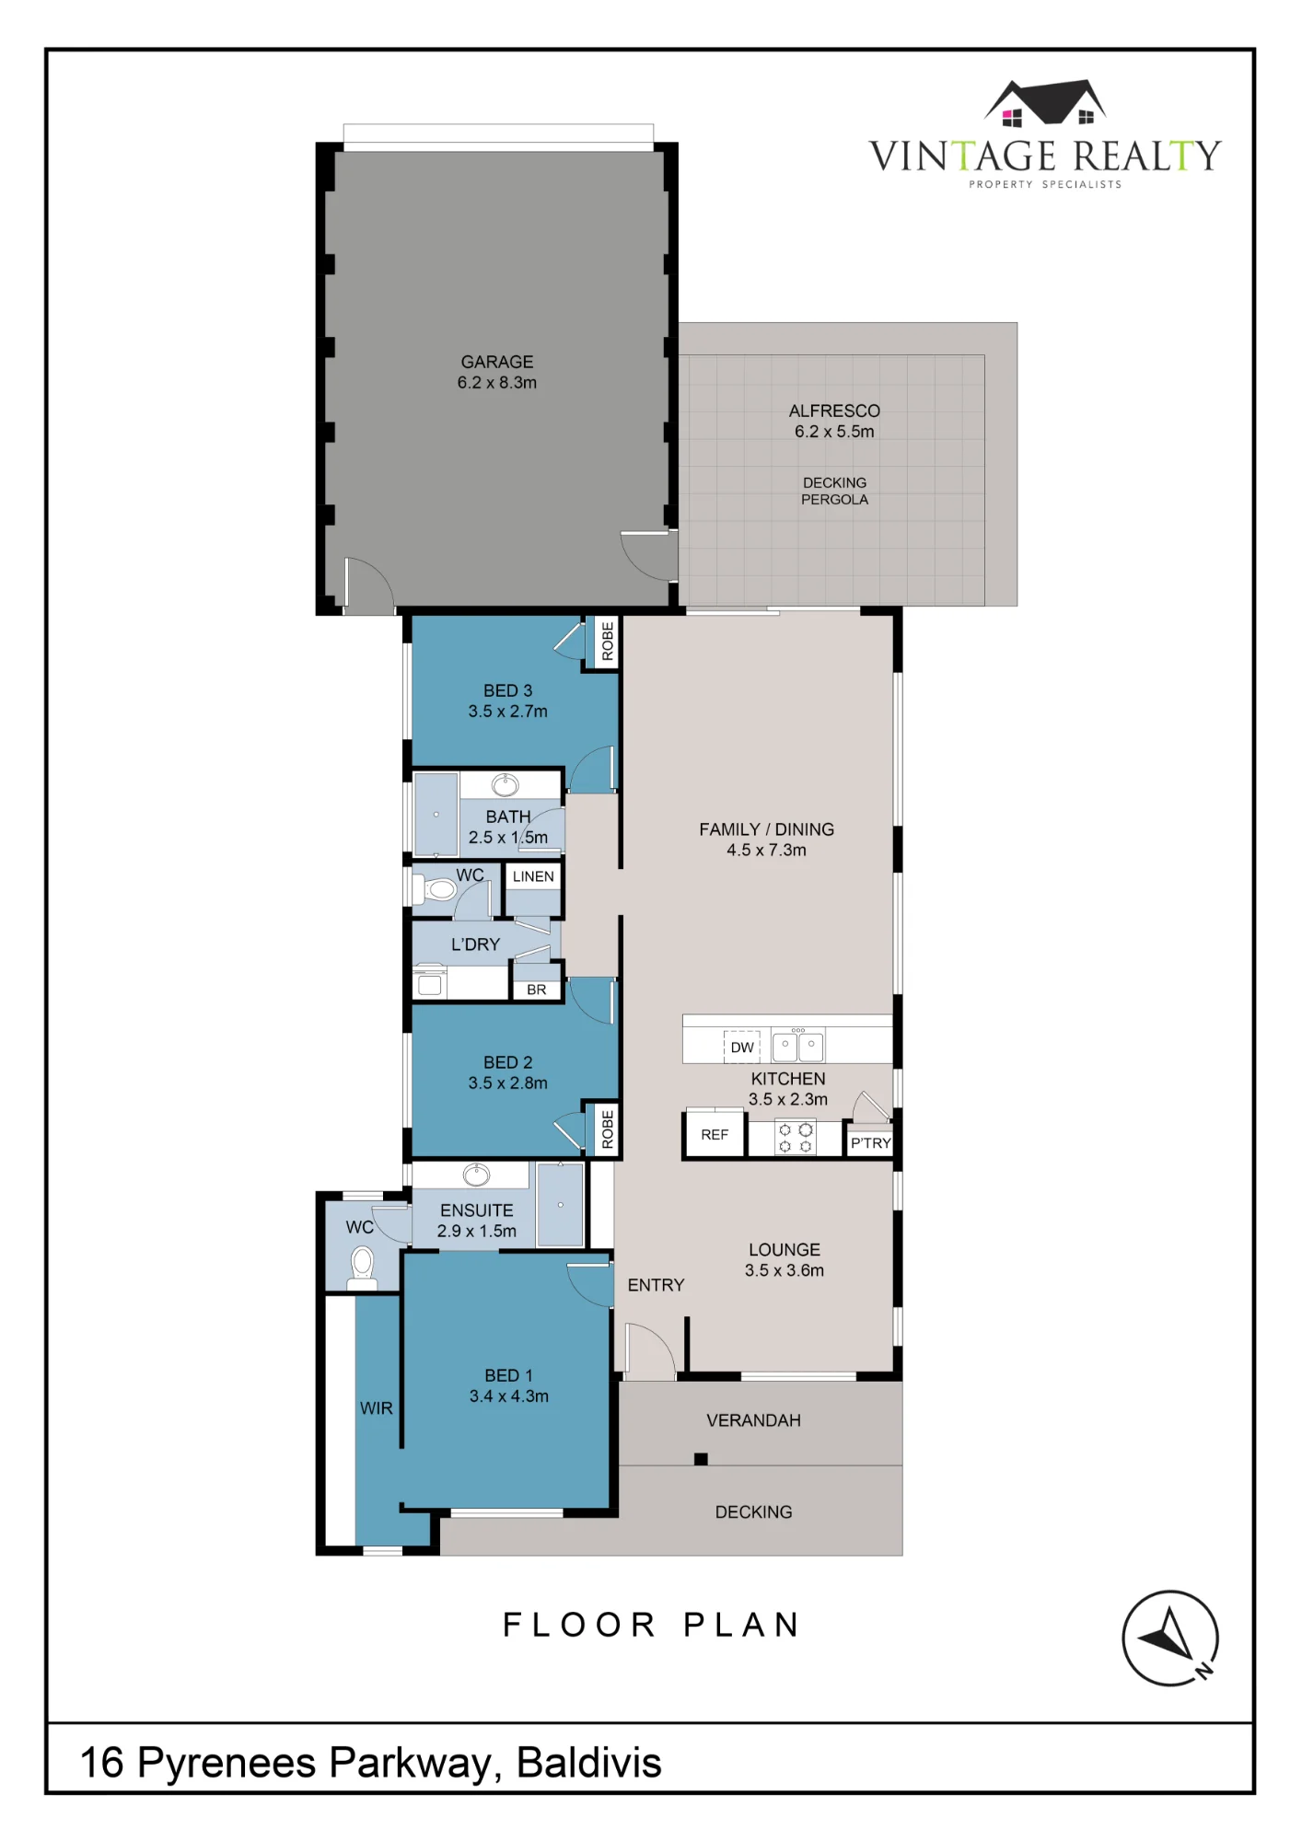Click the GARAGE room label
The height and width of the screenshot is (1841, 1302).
[497, 363]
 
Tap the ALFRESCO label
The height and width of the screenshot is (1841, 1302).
[834, 411]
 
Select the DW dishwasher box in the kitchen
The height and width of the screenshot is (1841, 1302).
[742, 1048]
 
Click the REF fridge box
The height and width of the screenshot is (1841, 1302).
[715, 1134]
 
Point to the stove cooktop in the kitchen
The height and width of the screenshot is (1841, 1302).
[796, 1138]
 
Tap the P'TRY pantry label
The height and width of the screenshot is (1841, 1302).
[870, 1143]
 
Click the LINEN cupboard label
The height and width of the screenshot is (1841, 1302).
[533, 876]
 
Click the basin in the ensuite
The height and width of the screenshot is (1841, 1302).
[476, 1175]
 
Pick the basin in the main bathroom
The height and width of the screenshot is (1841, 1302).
[505, 785]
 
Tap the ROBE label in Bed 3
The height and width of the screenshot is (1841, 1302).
[608, 642]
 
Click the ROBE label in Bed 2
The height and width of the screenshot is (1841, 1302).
[608, 1129]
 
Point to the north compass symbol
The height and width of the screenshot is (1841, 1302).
[1170, 1638]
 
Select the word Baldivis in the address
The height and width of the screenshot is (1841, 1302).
[589, 1763]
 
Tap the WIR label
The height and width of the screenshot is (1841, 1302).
[377, 1408]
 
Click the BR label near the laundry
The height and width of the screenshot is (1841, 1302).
[537, 990]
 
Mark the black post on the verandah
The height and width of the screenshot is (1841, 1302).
[701, 1459]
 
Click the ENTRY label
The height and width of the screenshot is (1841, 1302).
[656, 1285]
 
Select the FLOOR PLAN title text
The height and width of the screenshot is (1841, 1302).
[651, 1626]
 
